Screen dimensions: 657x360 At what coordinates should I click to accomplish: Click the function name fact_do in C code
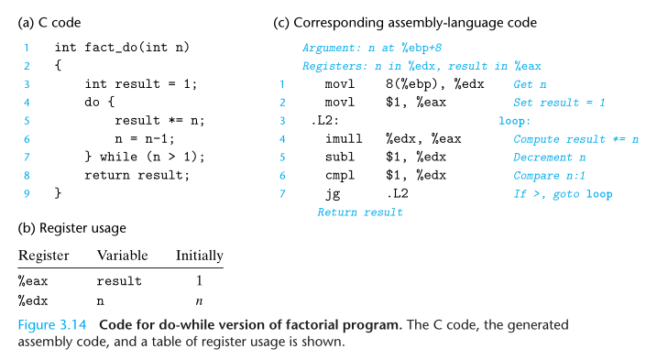[111, 48]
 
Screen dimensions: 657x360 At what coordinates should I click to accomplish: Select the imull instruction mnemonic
[344, 138]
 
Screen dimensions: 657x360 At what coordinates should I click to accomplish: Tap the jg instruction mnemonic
[333, 194]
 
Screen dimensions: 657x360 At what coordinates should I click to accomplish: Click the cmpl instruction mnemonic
[340, 175]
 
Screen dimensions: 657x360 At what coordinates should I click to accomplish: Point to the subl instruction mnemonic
[340, 157]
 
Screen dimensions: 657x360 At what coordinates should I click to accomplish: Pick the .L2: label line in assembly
[324, 121]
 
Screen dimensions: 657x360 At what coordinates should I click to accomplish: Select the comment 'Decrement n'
[549, 158]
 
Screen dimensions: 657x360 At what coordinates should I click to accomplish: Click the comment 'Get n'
[530, 84]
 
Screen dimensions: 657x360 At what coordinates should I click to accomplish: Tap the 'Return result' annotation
[360, 212]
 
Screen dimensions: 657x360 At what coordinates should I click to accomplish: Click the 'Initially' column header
[200, 256]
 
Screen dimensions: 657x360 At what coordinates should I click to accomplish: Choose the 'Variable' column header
[123, 256]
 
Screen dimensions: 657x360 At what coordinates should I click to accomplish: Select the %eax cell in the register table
[33, 281]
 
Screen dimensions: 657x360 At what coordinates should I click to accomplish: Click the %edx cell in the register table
[33, 300]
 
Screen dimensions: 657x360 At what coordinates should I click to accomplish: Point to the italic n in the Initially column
[199, 301]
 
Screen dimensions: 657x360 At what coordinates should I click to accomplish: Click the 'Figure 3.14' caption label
[52, 325]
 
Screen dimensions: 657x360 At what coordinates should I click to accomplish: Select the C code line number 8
[27, 175]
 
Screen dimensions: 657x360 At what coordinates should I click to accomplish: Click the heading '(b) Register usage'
[71, 228]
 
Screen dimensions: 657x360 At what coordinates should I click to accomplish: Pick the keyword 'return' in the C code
[107, 175]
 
